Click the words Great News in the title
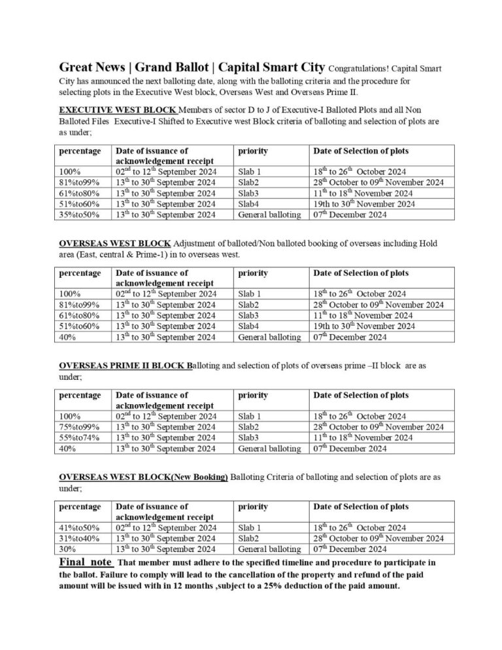click(88, 67)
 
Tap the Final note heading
click(86, 562)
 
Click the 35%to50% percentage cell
click(80, 214)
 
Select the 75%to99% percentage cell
click(80, 427)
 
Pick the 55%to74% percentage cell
click(80, 437)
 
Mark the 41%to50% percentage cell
click(80, 527)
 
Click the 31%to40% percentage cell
click(80, 538)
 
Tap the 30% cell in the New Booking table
click(69, 549)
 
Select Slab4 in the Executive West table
click(250, 203)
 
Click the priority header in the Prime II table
click(253, 395)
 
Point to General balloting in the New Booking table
click(269, 549)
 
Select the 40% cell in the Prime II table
click(69, 448)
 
